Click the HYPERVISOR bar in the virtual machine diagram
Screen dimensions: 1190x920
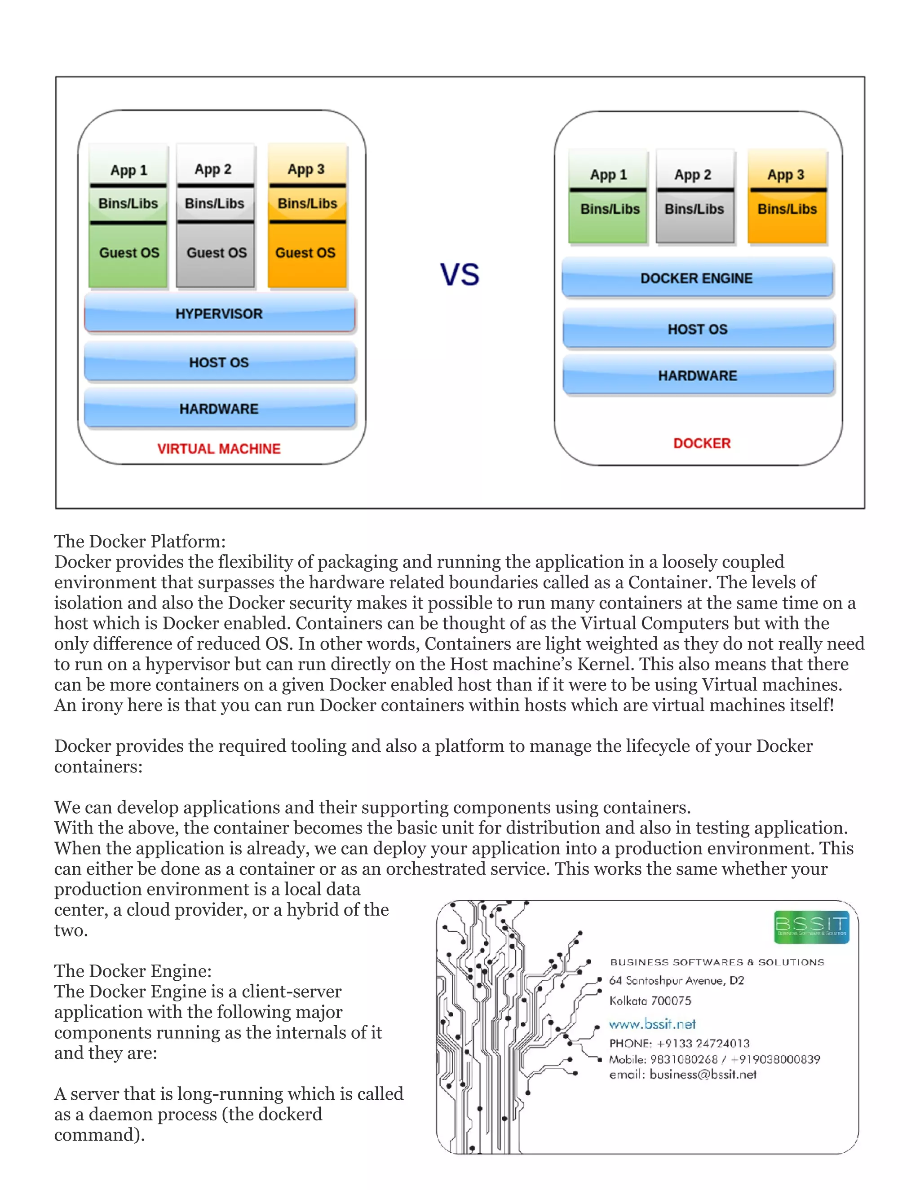pyautogui.click(x=219, y=314)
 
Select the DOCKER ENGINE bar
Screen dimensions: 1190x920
pyautogui.click(x=697, y=278)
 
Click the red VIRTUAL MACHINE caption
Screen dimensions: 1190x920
pyautogui.click(x=219, y=449)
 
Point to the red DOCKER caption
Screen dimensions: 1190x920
pyautogui.click(x=701, y=443)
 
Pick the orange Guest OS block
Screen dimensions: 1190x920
pyautogui.click(x=306, y=253)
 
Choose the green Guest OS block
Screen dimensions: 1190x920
pyautogui.click(x=128, y=253)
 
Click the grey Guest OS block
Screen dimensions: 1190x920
pyautogui.click(x=217, y=253)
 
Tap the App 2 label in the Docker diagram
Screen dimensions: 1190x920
pyautogui.click(x=693, y=175)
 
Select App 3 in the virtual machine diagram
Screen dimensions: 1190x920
pyautogui.click(x=306, y=169)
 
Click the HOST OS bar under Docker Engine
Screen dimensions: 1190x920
pyautogui.click(x=698, y=329)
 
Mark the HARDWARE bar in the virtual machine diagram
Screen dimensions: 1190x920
pyautogui.click(x=219, y=409)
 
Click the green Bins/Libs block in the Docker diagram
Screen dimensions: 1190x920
pyautogui.click(x=609, y=210)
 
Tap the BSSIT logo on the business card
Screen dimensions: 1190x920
pyautogui.click(x=811, y=926)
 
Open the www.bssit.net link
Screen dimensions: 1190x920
pyautogui.click(x=652, y=1024)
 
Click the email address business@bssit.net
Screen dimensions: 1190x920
pyautogui.click(x=703, y=1075)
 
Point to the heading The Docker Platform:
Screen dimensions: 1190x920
pyautogui.click(x=140, y=541)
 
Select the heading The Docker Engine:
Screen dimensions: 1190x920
pyautogui.click(x=133, y=971)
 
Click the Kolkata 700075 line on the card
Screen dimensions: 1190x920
pyautogui.click(x=650, y=1000)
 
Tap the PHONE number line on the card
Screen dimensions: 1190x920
pyautogui.click(x=679, y=1043)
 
